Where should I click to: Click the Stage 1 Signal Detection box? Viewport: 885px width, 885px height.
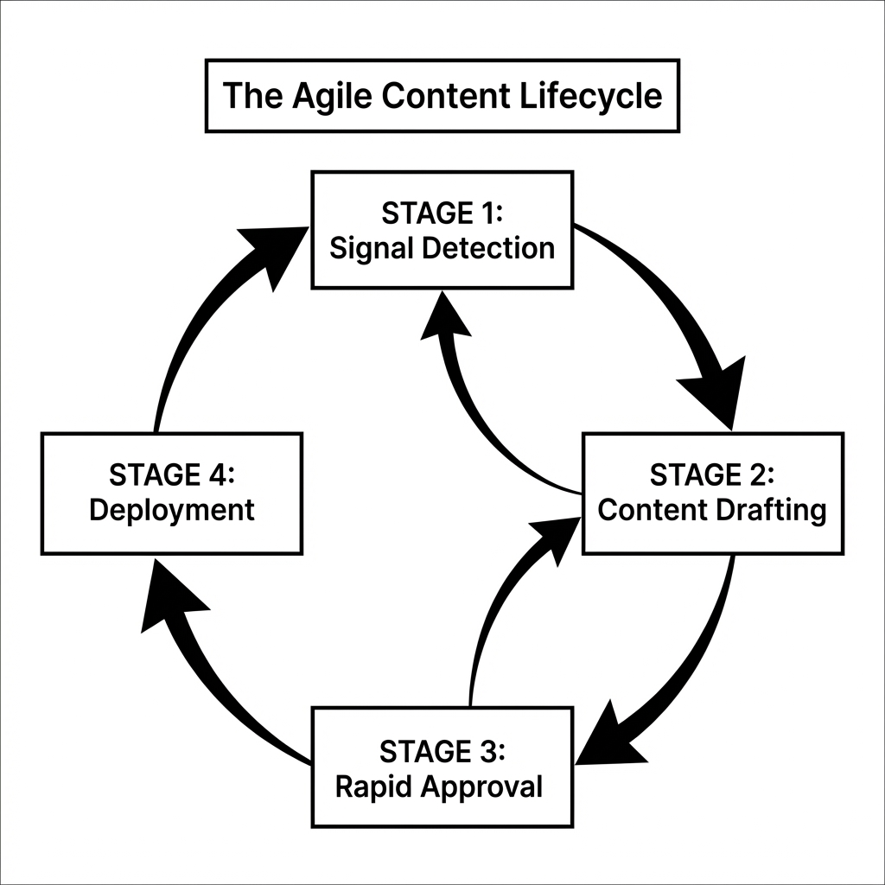[442, 230]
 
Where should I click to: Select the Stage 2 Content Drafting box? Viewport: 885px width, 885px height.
[712, 493]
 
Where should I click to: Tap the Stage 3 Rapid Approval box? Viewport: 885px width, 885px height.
[442, 767]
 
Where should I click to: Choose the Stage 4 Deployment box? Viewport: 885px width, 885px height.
[172, 493]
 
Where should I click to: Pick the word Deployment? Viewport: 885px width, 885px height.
[172, 511]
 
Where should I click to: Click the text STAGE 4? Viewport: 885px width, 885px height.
[172, 474]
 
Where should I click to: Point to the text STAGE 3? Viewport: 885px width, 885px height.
[442, 749]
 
